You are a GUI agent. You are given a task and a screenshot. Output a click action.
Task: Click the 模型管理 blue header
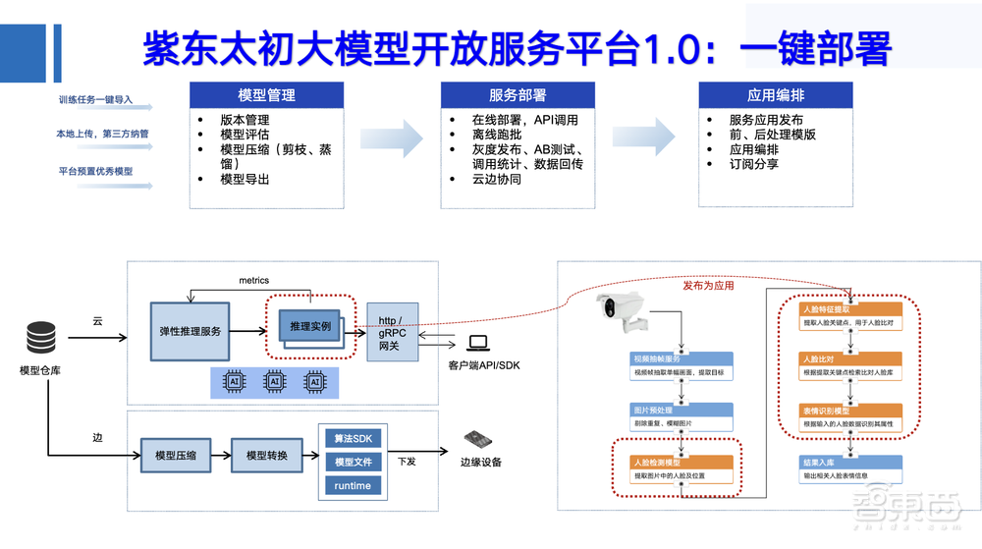pyautogui.click(x=266, y=95)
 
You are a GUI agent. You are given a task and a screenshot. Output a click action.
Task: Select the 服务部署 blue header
pyautogui.click(x=518, y=95)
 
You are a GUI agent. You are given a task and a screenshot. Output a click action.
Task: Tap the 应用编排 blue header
pyautogui.click(x=776, y=95)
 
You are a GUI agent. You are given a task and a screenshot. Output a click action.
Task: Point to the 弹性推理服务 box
pyautogui.click(x=191, y=331)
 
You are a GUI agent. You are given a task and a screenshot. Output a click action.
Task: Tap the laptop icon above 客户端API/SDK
pyautogui.click(x=477, y=343)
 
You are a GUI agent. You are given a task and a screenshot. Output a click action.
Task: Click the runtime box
pyautogui.click(x=354, y=485)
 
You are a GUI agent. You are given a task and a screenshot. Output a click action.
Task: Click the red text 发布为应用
pyautogui.click(x=708, y=286)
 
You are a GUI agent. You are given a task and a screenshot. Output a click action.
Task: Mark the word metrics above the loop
pyautogui.click(x=253, y=281)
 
